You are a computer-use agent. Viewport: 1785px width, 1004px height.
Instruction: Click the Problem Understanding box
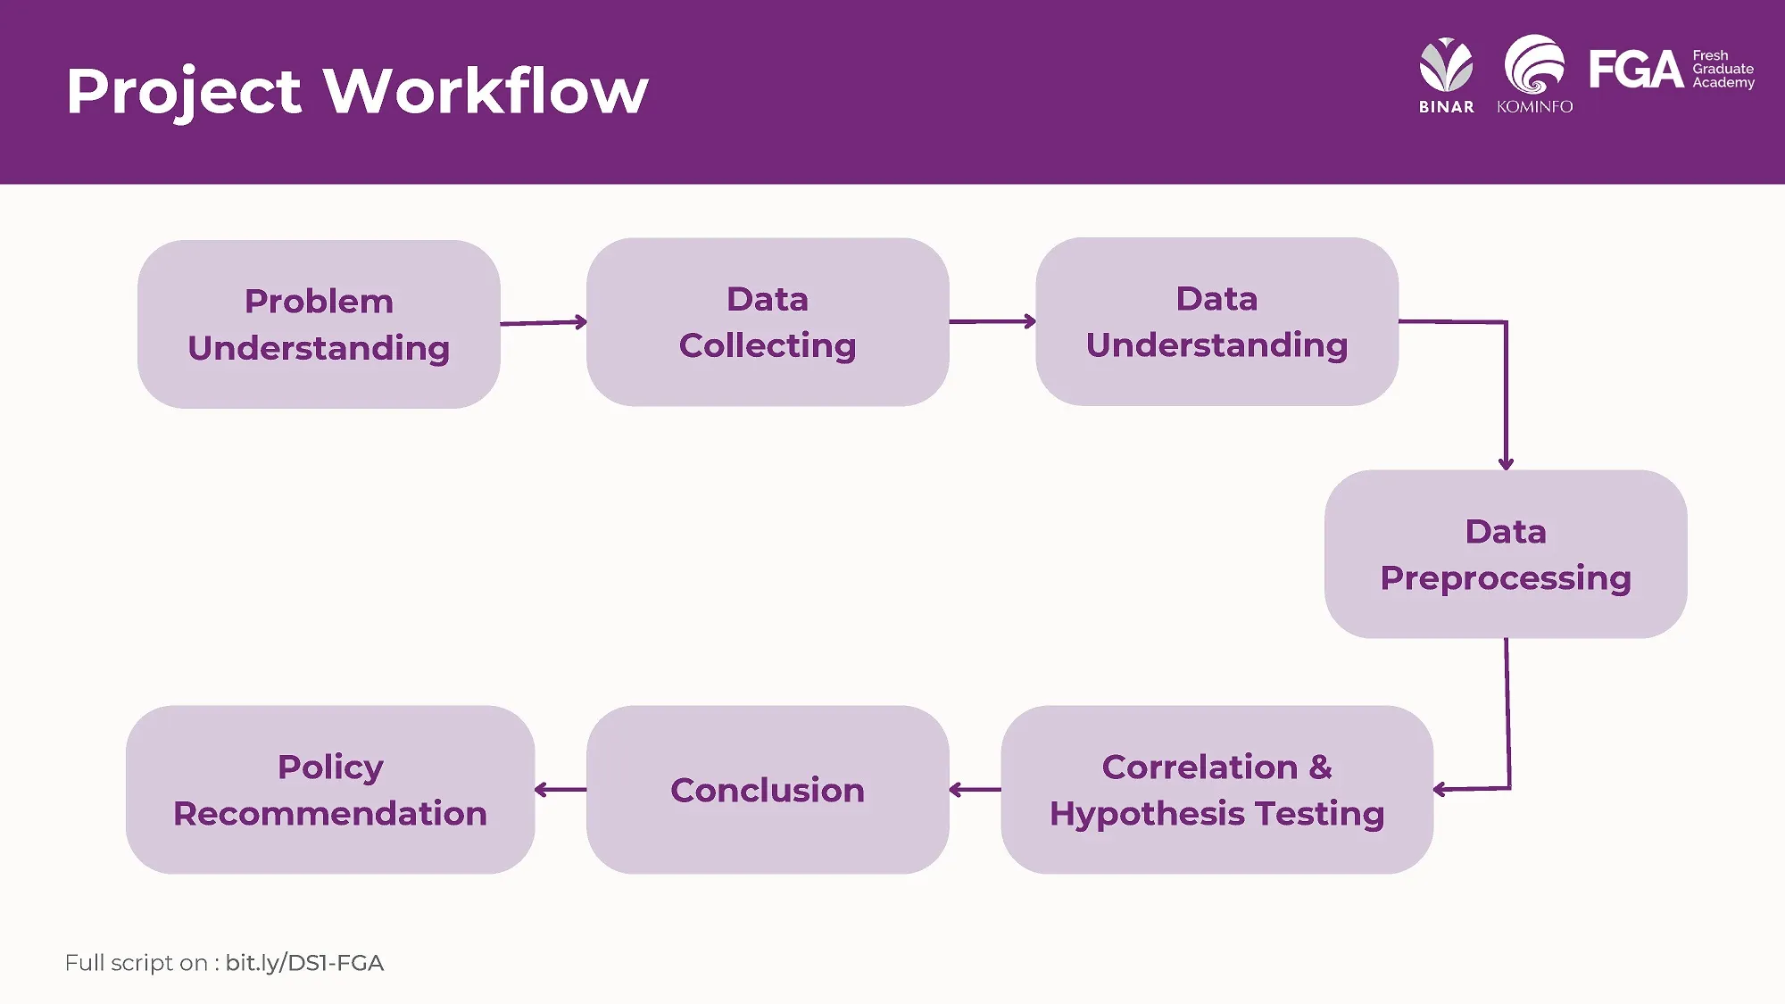(x=319, y=324)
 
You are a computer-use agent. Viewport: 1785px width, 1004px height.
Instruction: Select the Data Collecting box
(x=768, y=322)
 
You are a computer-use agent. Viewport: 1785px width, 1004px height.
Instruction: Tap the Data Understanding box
(x=1216, y=321)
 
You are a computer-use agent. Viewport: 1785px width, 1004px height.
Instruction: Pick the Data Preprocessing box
(x=1506, y=554)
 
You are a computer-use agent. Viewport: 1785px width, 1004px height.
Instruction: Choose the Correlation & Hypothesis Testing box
(x=1216, y=790)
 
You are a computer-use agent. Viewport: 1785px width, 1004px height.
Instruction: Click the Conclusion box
(x=768, y=790)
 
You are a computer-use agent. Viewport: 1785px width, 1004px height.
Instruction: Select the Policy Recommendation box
(x=330, y=790)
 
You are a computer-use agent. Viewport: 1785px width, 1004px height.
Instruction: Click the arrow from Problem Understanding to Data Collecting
(x=543, y=322)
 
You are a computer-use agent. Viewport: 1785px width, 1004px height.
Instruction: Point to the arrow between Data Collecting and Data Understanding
(x=992, y=321)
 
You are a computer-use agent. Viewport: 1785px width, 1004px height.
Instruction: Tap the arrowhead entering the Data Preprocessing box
(x=1506, y=463)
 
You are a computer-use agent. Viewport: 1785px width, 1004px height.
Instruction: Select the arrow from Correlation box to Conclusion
(x=975, y=790)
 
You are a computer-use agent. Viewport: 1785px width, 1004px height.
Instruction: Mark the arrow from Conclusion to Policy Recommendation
(x=560, y=790)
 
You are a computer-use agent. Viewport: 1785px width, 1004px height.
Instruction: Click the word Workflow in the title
(x=486, y=91)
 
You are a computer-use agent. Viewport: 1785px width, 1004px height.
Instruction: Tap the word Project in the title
(x=184, y=91)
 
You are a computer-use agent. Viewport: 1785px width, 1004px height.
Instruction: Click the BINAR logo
(x=1446, y=75)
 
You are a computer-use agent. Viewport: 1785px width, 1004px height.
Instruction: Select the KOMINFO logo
(x=1534, y=75)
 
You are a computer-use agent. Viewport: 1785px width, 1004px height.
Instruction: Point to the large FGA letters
(x=1635, y=70)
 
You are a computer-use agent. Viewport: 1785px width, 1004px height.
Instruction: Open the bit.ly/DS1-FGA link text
(x=304, y=963)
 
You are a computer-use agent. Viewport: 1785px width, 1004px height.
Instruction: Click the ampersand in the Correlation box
(x=1320, y=768)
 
